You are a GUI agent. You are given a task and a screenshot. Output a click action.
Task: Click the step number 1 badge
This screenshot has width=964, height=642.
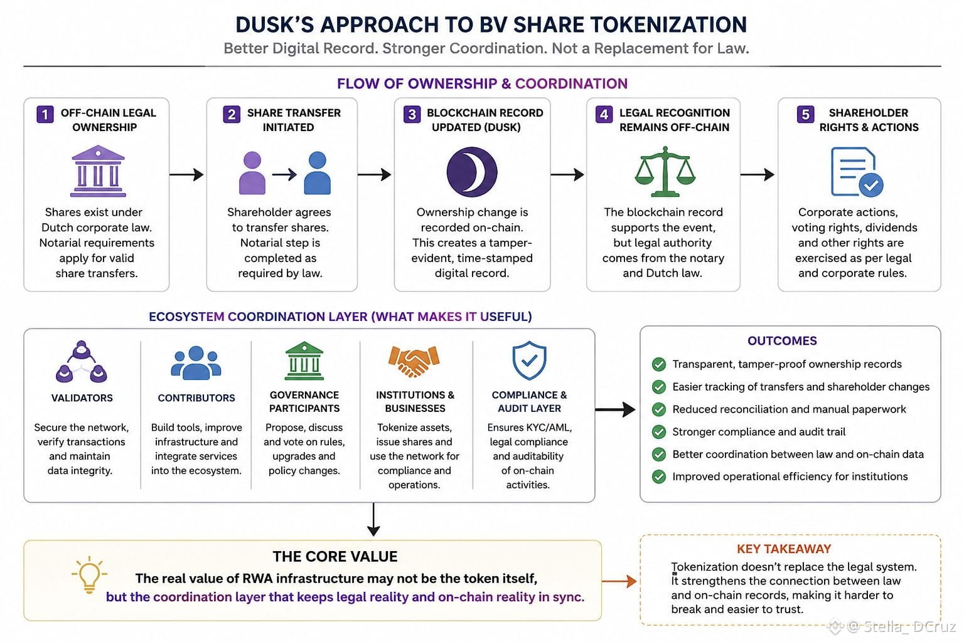[x=45, y=115]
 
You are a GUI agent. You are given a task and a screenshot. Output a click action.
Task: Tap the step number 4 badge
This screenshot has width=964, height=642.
[x=604, y=115]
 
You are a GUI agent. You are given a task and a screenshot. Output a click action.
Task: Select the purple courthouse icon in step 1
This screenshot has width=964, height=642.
[x=98, y=171]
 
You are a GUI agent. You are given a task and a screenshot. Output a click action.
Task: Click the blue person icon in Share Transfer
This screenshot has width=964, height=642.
[x=317, y=173]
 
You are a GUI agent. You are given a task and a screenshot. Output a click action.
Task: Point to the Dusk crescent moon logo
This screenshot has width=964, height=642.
[x=472, y=172]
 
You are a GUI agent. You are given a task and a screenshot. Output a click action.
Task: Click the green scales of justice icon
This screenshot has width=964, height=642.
[x=665, y=171]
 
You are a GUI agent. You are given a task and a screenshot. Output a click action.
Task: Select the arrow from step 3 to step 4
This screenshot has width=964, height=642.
[x=567, y=174]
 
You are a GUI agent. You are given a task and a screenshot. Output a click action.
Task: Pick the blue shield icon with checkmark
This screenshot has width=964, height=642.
[x=529, y=360]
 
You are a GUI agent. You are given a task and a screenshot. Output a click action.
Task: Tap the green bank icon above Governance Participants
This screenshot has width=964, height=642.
[x=304, y=360]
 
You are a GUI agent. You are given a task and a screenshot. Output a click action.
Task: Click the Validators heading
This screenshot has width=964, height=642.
[x=82, y=397]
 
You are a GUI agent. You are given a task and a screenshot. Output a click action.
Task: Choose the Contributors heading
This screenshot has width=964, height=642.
[x=196, y=397]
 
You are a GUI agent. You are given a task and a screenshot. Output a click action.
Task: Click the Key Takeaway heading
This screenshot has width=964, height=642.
[x=784, y=549]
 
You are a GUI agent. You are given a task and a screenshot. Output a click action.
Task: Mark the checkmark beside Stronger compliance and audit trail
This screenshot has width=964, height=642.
[x=658, y=432]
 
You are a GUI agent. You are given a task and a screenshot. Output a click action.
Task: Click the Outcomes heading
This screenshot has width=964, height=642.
[x=782, y=340]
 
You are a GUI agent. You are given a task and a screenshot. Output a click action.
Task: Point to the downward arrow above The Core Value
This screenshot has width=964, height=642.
[x=373, y=519]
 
